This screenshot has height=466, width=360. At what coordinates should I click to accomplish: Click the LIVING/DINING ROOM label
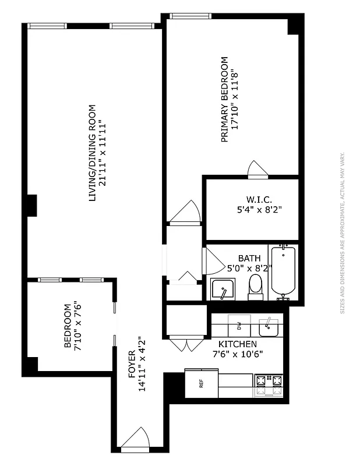(x=91, y=153)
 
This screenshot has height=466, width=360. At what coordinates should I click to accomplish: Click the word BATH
(x=249, y=258)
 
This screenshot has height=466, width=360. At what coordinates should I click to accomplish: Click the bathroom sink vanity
(x=222, y=290)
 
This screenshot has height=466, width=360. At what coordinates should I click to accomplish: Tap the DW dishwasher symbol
(x=238, y=324)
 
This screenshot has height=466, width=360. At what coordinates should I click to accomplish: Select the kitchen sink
(x=269, y=326)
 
